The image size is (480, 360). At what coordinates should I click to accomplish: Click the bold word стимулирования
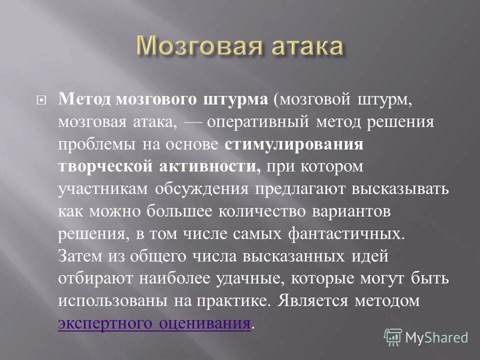coord(293,144)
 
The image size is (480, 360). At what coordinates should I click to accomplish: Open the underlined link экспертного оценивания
coord(154,323)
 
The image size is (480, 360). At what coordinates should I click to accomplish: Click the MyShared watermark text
coord(436,337)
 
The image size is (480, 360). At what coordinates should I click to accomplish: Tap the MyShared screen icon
coord(393,337)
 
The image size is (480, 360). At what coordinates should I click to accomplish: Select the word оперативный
coord(248,122)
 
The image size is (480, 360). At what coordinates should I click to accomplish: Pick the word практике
coord(225,301)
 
